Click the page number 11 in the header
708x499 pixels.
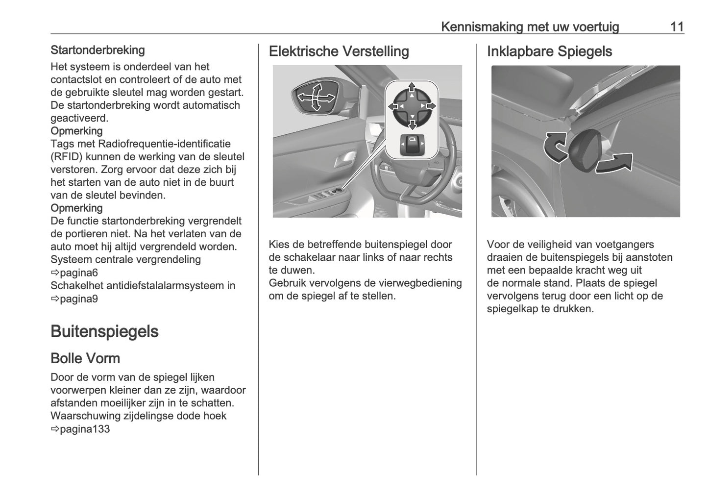677,26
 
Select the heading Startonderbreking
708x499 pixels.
98,50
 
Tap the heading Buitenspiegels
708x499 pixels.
104,331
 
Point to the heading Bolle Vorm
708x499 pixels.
85,358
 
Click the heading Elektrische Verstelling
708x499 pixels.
339,51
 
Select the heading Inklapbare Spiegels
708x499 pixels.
549,51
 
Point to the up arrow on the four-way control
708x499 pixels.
412,87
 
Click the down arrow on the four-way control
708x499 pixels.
412,125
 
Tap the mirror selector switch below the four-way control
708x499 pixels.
412,145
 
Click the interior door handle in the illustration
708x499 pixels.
345,159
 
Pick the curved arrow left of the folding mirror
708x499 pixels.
555,146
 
